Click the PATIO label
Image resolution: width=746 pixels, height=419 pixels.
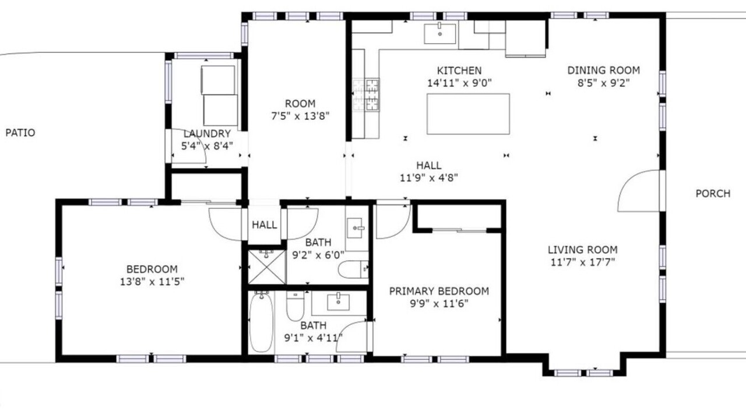(x=20, y=133)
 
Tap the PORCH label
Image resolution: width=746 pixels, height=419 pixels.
(x=713, y=194)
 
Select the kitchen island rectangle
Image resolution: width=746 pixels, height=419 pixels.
(x=468, y=114)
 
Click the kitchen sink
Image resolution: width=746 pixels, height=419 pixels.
(x=440, y=34)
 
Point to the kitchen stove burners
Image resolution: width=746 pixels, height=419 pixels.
(x=366, y=95)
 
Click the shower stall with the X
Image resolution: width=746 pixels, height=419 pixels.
(x=267, y=267)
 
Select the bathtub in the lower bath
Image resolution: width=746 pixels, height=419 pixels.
(x=262, y=322)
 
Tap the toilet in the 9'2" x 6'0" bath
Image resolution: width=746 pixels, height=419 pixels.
(x=353, y=269)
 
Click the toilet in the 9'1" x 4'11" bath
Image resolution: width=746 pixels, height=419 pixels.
(x=295, y=306)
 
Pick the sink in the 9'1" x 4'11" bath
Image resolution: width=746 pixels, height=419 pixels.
(x=339, y=302)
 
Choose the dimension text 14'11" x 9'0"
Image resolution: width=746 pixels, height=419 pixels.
(x=460, y=83)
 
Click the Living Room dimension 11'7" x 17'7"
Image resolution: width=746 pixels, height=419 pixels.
(x=583, y=262)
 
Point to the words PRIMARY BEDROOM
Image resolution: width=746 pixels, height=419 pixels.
(x=439, y=292)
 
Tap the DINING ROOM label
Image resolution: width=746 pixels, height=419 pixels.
(x=603, y=70)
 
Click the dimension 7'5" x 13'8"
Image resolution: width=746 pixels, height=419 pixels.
(x=300, y=116)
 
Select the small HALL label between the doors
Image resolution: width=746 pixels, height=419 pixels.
(x=265, y=225)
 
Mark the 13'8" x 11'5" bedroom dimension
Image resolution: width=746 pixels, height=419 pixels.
(x=152, y=282)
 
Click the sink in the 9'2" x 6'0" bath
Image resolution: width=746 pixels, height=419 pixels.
(x=355, y=228)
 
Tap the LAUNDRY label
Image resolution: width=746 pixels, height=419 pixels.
(x=207, y=134)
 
